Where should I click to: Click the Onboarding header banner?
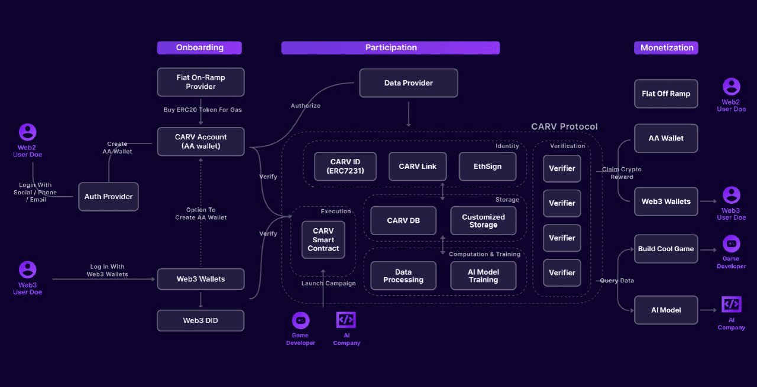pos(199,48)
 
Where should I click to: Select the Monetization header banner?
pos(666,48)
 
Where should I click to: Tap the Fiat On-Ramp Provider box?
pos(200,82)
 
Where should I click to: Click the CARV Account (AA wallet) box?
pos(200,141)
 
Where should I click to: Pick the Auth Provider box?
pos(108,197)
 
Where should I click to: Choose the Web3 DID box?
pos(200,320)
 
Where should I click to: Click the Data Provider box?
pos(409,83)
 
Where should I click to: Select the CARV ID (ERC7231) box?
pos(345,167)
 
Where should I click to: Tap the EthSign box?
pos(487,167)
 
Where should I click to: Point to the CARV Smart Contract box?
pos(323,240)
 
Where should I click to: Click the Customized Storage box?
pos(483,221)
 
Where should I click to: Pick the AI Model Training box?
pos(483,276)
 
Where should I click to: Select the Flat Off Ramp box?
pos(666,94)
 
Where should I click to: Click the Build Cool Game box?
pos(666,249)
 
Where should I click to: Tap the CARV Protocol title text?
pos(564,126)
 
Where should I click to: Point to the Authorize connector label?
pos(306,106)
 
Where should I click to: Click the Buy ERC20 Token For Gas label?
pos(203,110)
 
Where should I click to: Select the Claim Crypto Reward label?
pos(622,173)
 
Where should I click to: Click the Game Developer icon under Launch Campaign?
pos(301,320)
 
